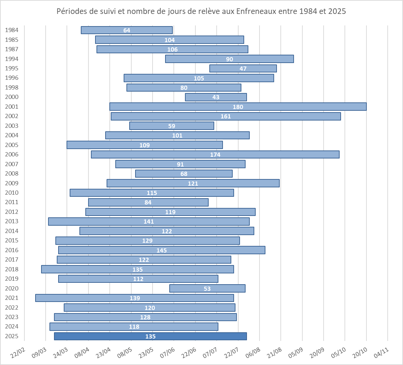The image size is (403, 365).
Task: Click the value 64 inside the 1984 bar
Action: pos(127,30)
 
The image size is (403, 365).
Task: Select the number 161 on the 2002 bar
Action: pos(226,116)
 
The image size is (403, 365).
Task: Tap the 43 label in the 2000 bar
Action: pos(216,97)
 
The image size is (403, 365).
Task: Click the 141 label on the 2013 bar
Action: pos(149,222)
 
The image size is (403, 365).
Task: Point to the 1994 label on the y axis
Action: pos(12,59)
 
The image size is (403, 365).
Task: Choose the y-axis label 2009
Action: pos(12,183)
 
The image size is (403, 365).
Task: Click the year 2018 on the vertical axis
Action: pos(12,269)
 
